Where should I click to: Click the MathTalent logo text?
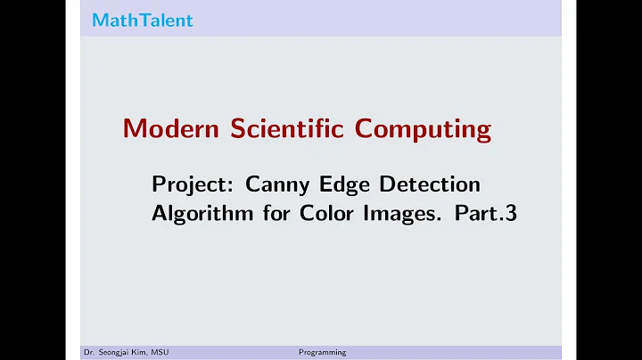click(142, 20)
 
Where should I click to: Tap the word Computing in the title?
click(424, 130)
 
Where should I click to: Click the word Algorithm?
click(193, 214)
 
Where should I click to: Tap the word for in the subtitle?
click(259, 214)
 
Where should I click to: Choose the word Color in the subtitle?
click(306, 214)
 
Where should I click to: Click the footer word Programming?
click(322, 353)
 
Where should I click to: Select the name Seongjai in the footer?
click(117, 353)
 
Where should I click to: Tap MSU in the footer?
click(160, 353)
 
